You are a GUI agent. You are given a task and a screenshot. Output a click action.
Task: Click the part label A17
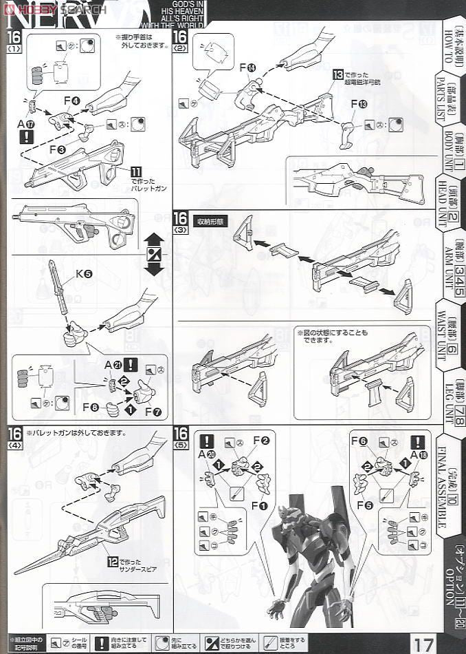[26, 124]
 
